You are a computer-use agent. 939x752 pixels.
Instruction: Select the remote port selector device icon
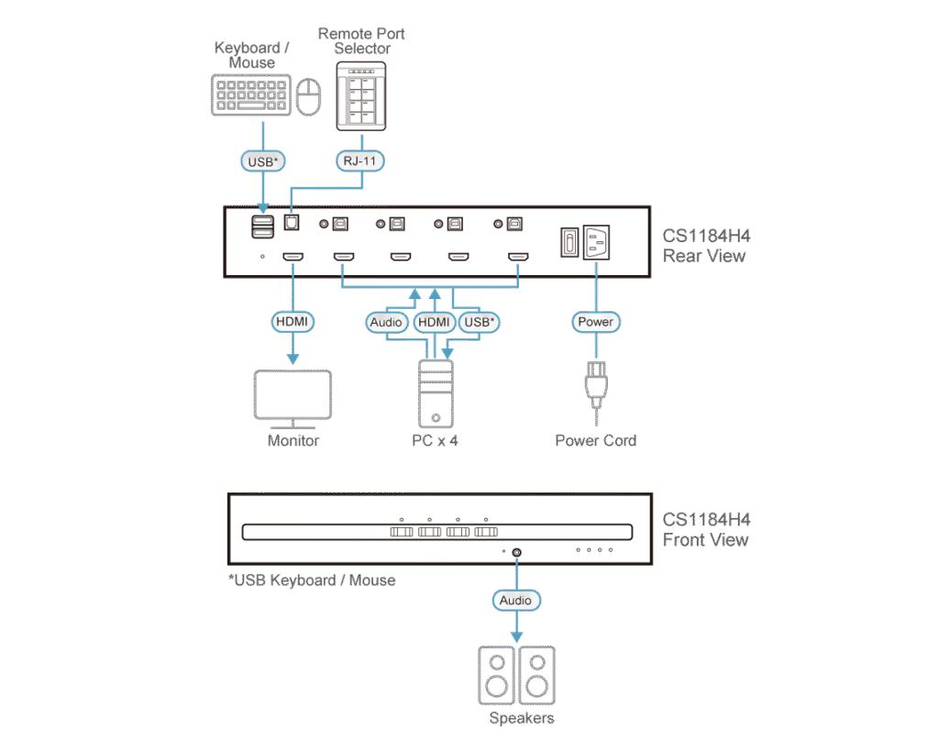click(361, 96)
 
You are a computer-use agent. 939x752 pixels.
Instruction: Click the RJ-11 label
click(360, 161)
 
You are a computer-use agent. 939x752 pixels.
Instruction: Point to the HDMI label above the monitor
click(293, 322)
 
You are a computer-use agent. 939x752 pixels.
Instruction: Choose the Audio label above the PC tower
click(387, 322)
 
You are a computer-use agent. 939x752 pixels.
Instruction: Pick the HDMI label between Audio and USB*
click(434, 322)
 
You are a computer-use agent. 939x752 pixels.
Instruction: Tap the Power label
click(596, 322)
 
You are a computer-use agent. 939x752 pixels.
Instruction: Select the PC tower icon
click(436, 395)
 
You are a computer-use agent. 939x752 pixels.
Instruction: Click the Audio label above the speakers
click(515, 601)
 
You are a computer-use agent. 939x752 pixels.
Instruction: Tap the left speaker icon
click(496, 675)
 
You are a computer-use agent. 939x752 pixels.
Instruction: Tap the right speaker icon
click(536, 675)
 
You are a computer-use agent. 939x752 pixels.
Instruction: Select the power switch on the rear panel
click(568, 243)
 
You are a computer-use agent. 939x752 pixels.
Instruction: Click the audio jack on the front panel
click(516, 552)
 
